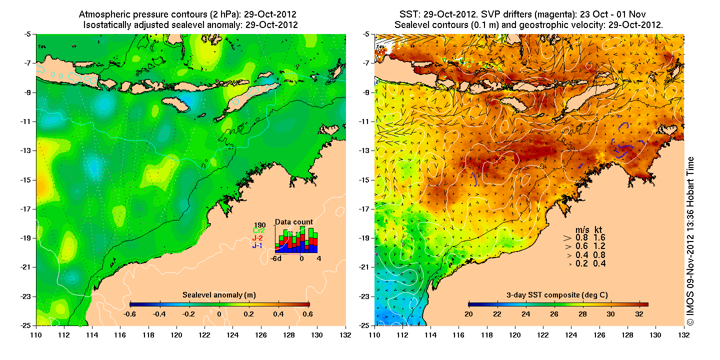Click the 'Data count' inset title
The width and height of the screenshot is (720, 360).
click(x=294, y=222)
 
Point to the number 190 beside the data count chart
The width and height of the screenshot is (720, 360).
click(x=259, y=224)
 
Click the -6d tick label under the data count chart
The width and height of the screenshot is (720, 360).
click(x=275, y=258)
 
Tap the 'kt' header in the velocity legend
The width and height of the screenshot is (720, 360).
click(x=598, y=229)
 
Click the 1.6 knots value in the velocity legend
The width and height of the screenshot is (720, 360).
click(x=599, y=237)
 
